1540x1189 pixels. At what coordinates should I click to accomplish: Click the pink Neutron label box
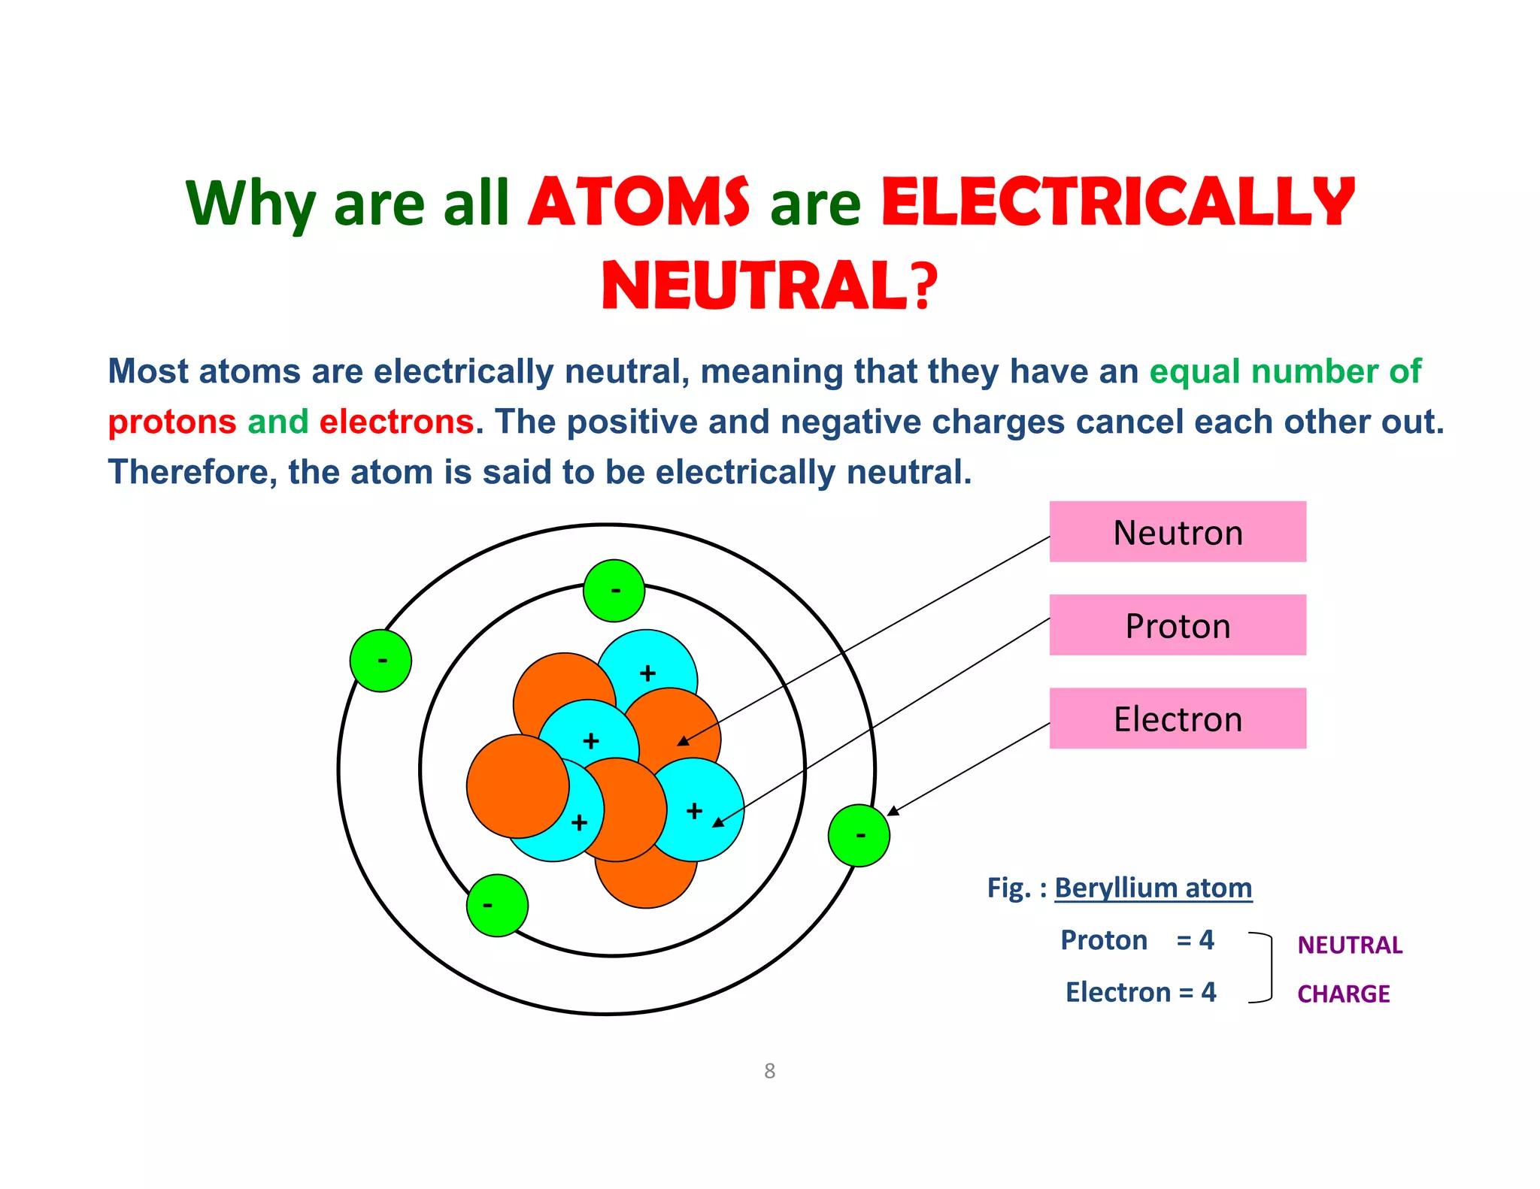[1177, 531]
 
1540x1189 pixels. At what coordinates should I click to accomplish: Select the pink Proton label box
[1177, 625]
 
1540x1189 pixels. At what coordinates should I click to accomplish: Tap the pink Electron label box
[1177, 718]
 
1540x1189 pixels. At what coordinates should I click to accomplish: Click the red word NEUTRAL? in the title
[769, 286]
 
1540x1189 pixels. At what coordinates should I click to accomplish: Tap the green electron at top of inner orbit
[614, 591]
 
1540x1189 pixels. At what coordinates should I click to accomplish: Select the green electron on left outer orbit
[380, 661]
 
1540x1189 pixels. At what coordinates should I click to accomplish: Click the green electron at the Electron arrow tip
[859, 835]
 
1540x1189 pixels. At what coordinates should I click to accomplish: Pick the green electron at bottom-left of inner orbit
[497, 905]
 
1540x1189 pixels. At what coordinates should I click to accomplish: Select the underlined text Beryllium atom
[1153, 888]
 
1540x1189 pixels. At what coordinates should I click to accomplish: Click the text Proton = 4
[1136, 939]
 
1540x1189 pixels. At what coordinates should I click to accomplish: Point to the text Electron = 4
[1140, 992]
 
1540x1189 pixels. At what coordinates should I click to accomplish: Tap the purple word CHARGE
[1343, 994]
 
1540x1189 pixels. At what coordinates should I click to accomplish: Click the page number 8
[769, 1071]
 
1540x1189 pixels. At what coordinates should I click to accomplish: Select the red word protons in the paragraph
[172, 422]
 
